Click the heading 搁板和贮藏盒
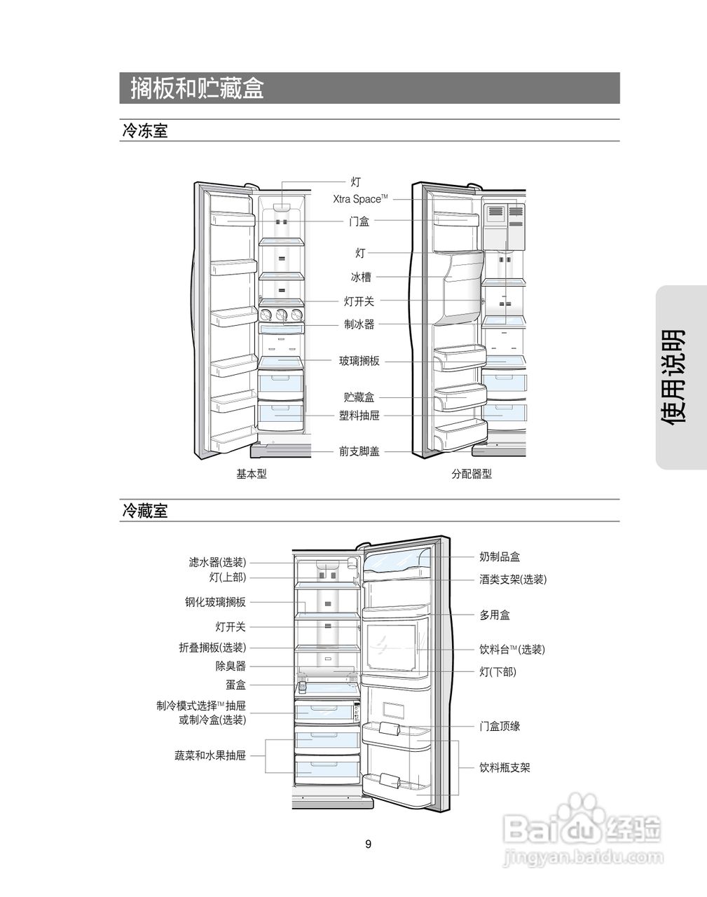[197, 88]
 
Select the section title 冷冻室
[145, 130]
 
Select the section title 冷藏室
[145, 511]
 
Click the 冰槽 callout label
[361, 278]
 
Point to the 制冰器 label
[359, 324]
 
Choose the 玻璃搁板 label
[359, 361]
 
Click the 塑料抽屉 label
[359, 416]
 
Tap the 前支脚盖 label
[359, 452]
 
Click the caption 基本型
[252, 474]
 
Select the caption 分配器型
[472, 474]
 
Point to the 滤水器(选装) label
[217, 562]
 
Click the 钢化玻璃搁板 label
[215, 602]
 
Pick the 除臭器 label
[231, 666]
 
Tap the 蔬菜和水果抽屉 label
[210, 755]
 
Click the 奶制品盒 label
[500, 557]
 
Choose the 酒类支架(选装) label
[513, 580]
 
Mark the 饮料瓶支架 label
[504, 767]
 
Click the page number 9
[369, 844]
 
